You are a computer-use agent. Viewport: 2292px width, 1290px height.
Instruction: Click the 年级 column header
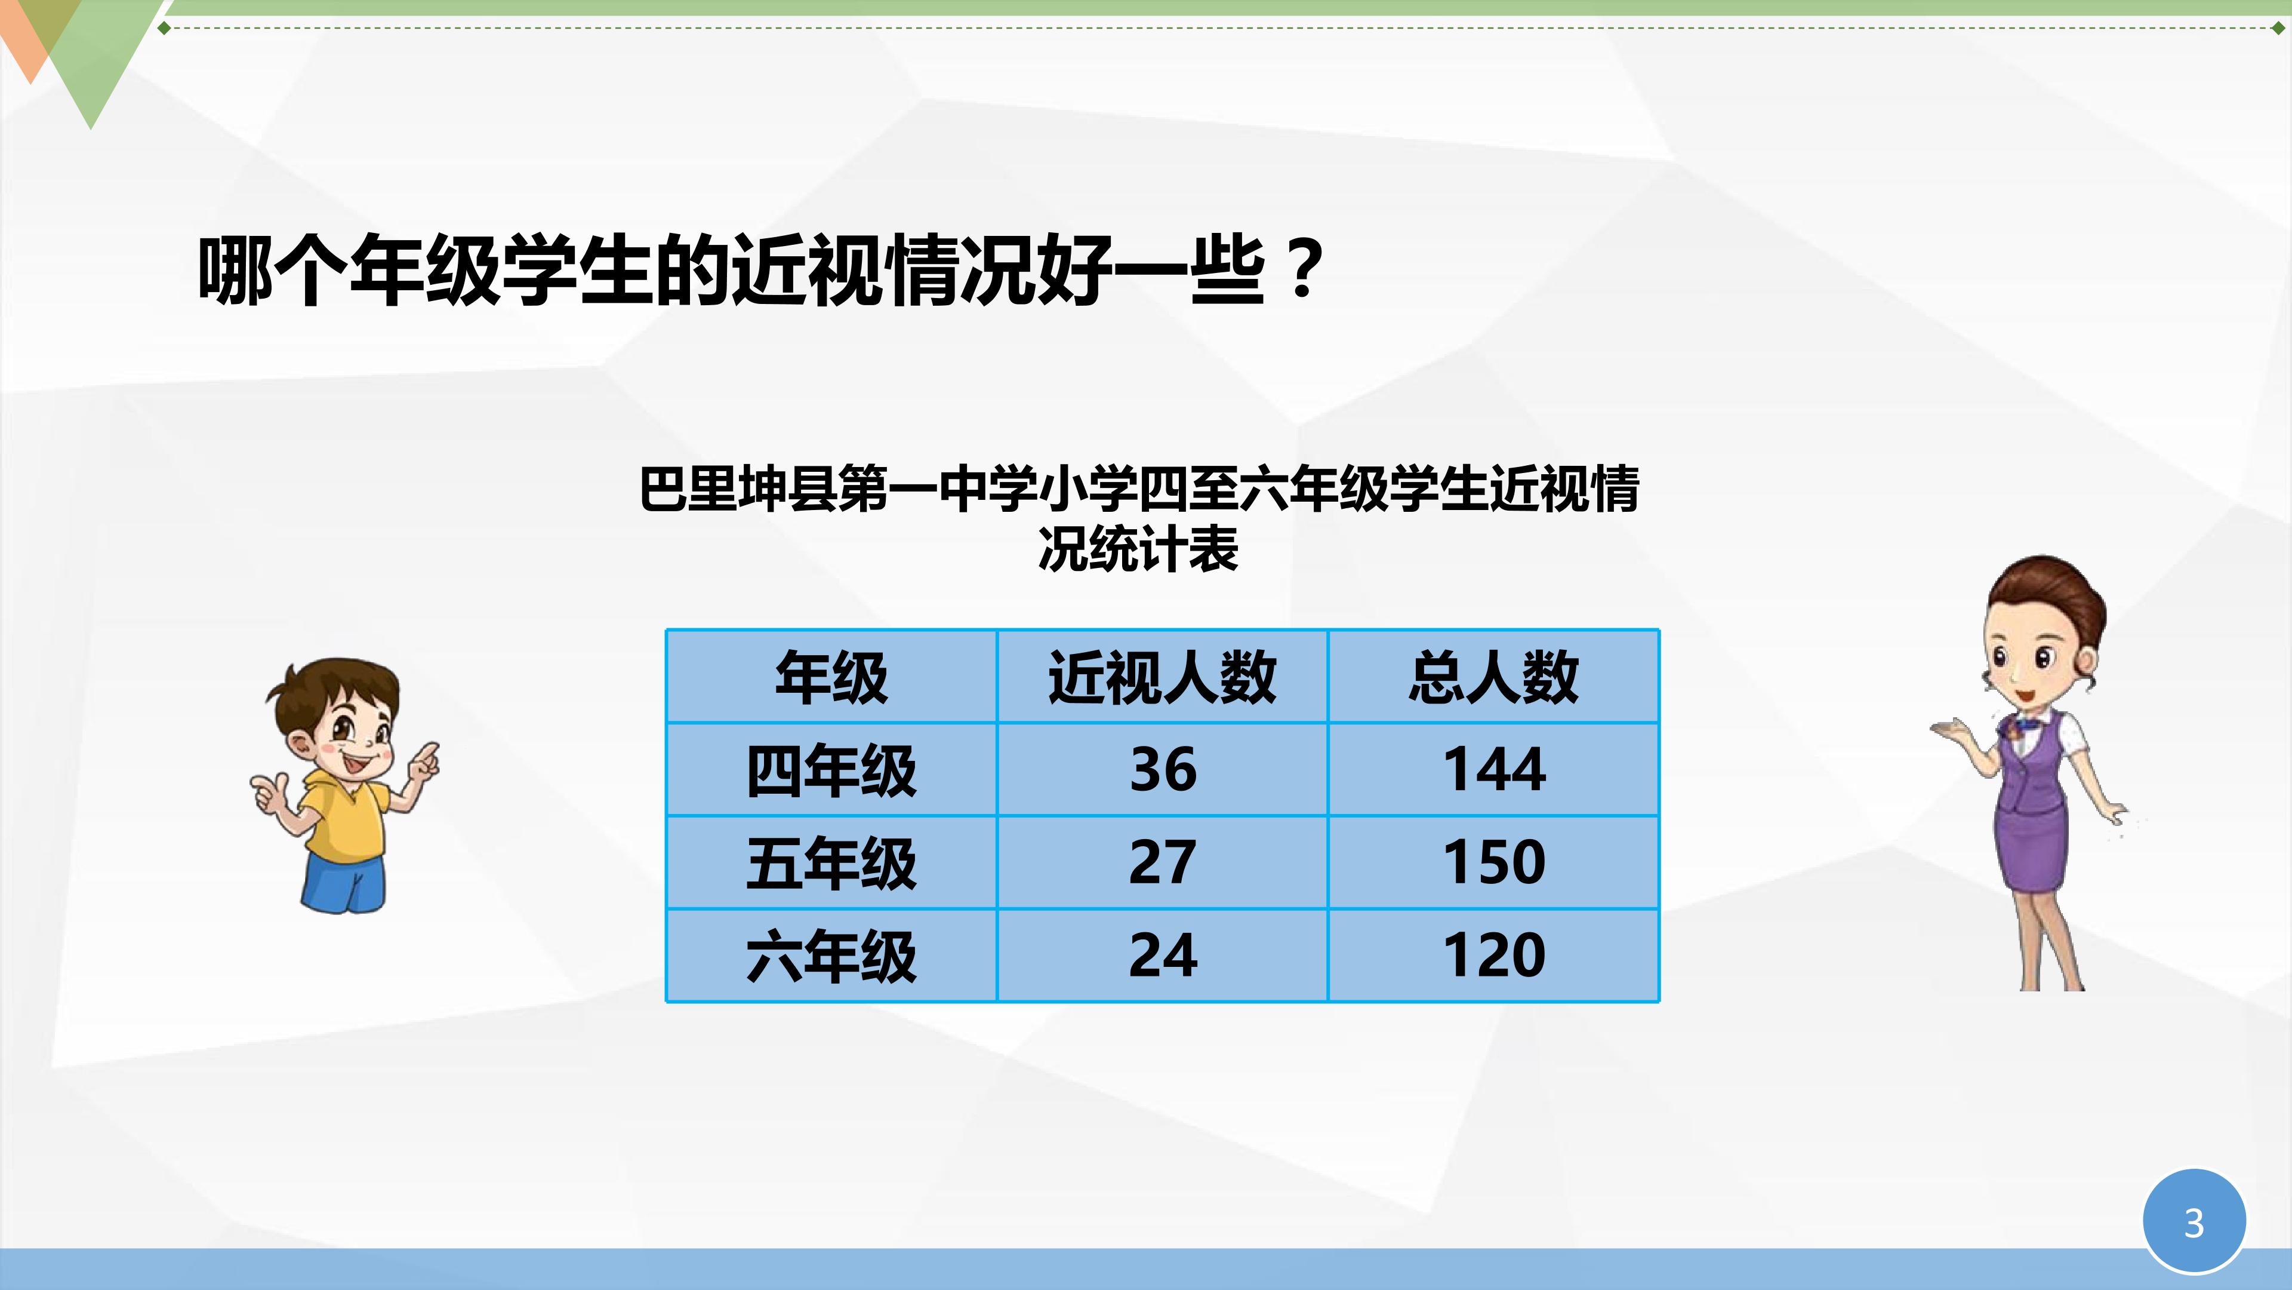coord(831,677)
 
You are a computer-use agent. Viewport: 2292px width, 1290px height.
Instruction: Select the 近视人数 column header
coord(1162,677)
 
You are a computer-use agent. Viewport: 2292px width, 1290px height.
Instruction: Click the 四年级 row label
coord(831,770)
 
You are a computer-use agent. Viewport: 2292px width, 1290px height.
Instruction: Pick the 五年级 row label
coord(831,862)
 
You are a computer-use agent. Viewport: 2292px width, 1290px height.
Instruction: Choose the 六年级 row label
coord(831,956)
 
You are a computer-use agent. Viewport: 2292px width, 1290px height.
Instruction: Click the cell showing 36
coord(1162,769)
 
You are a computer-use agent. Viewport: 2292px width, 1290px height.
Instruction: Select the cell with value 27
coord(1162,862)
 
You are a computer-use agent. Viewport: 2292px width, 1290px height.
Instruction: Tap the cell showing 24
coord(1162,956)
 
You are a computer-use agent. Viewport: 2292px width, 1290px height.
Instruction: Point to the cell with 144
coord(1494,769)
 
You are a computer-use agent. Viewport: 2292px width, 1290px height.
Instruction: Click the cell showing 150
coord(1494,862)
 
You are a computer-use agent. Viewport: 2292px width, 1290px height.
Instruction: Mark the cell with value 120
coord(1494,956)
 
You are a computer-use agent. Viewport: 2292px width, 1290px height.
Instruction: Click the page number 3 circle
coord(2194,1221)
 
